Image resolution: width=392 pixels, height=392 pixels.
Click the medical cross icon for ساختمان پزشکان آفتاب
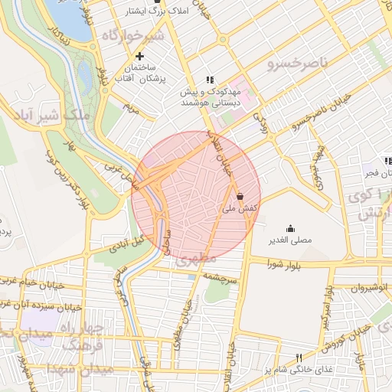coord(139,56)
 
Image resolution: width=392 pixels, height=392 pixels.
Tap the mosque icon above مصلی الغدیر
coord(290,228)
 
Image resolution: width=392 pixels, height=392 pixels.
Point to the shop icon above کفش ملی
coord(241,196)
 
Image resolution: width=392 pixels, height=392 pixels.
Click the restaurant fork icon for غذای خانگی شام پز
coord(299,358)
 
